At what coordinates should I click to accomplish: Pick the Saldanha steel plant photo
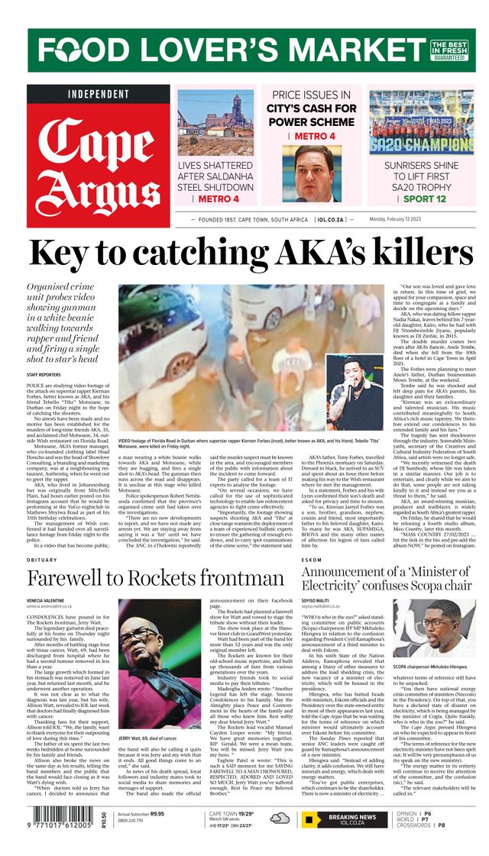(x=215, y=122)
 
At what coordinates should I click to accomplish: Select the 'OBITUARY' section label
(x=43, y=560)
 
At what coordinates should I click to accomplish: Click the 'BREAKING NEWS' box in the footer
(x=352, y=820)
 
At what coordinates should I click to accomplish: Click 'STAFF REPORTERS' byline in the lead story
(x=44, y=375)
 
